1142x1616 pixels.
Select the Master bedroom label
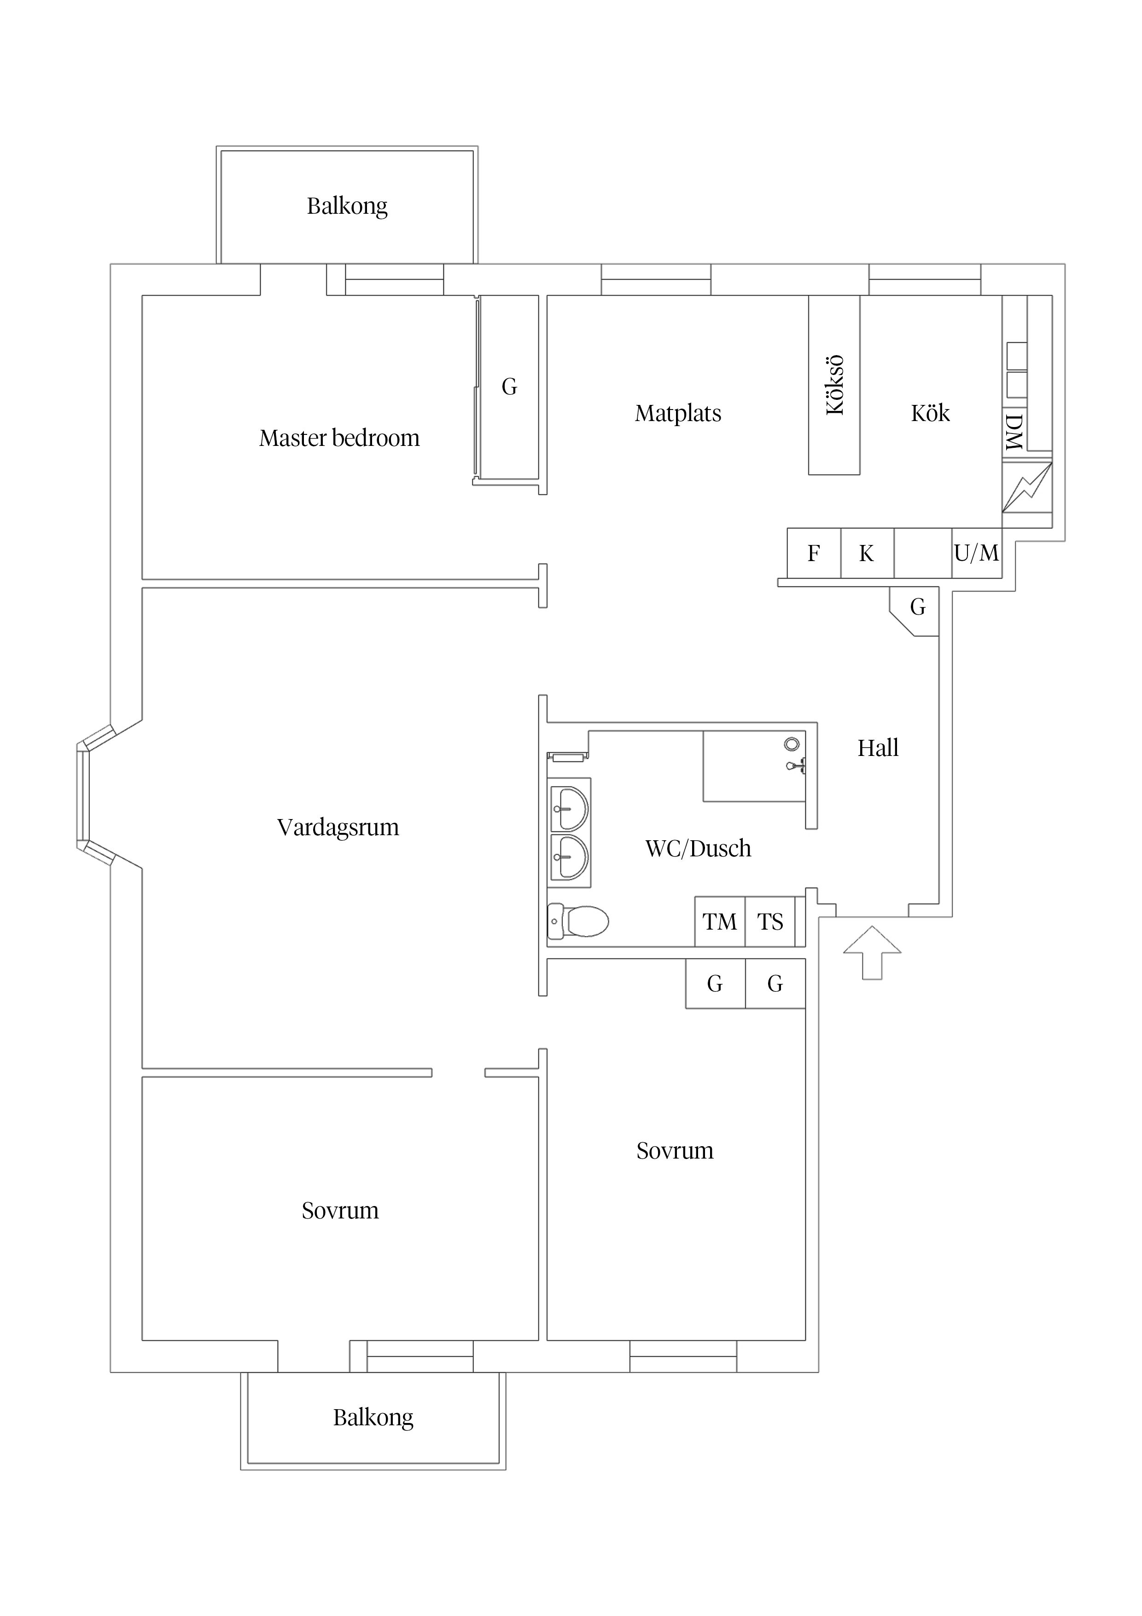click(339, 439)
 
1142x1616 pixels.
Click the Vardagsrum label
click(338, 827)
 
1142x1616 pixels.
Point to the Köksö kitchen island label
click(834, 385)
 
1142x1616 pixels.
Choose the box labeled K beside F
click(867, 553)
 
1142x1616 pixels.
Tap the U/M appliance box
click(977, 553)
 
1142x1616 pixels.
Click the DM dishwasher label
click(1014, 432)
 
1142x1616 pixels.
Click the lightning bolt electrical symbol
click(1026, 486)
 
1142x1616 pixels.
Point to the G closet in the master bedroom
click(509, 386)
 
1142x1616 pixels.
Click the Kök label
click(930, 413)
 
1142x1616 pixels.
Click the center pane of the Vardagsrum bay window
click(83, 795)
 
